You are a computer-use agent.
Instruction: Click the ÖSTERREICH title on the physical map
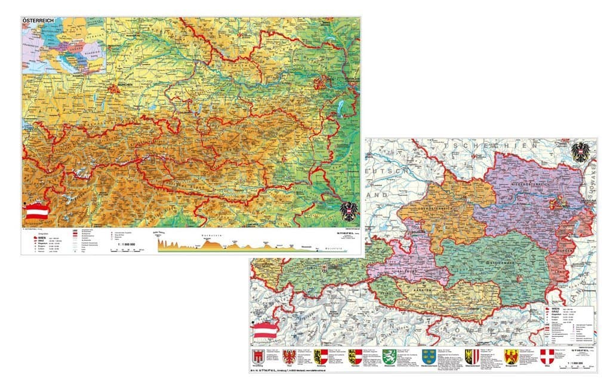(38, 21)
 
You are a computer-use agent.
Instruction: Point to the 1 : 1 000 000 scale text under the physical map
(127, 244)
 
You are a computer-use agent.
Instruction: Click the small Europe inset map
(63, 45)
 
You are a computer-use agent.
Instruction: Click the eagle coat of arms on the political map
(580, 152)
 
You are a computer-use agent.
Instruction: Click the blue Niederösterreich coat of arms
(428, 357)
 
